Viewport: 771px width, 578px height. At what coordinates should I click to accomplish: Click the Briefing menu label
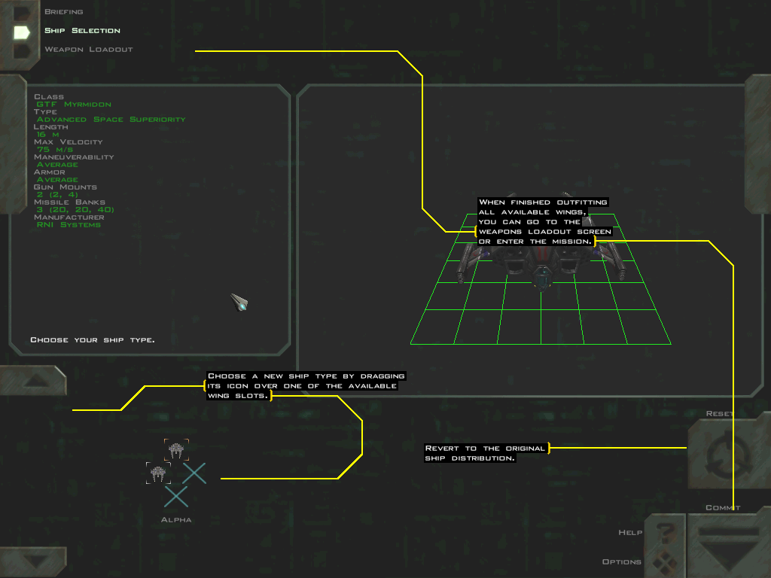click(63, 12)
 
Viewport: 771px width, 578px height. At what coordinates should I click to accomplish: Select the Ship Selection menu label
click(82, 31)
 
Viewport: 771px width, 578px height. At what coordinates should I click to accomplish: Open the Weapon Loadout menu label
click(88, 50)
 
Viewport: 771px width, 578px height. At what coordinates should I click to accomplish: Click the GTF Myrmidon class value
click(74, 105)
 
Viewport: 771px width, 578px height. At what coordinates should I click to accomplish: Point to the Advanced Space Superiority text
click(111, 120)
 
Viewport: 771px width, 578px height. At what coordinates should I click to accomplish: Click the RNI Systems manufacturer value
click(69, 225)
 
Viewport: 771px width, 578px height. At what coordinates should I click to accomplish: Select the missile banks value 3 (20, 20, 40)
click(75, 210)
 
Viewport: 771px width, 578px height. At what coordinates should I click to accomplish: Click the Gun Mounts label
click(65, 187)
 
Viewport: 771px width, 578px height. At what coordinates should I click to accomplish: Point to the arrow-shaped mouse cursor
click(239, 303)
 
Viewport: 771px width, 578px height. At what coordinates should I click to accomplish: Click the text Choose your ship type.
click(92, 340)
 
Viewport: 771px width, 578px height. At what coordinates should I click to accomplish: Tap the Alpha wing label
click(176, 520)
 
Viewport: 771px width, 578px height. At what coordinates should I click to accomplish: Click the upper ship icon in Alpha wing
click(176, 450)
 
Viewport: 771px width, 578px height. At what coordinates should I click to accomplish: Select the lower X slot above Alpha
click(176, 496)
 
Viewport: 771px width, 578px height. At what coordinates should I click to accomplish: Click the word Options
click(622, 562)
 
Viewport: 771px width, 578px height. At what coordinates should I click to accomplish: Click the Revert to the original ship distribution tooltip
click(485, 453)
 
